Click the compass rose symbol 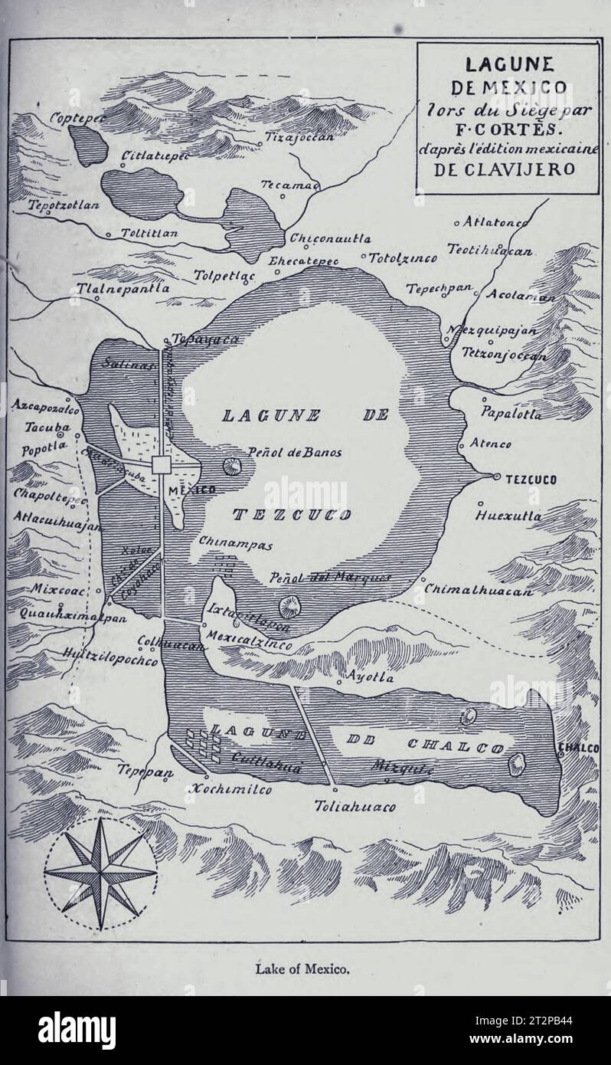100,873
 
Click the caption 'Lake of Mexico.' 305,969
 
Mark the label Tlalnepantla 123,289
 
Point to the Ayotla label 370,677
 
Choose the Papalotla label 511,414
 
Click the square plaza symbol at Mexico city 162,465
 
